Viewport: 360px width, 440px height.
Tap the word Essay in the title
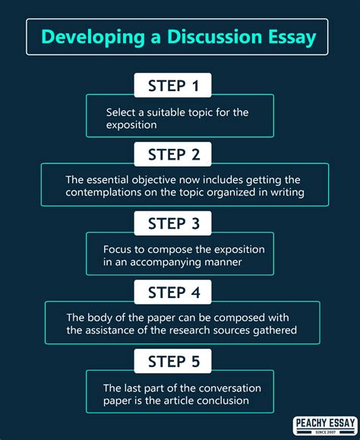286,36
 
